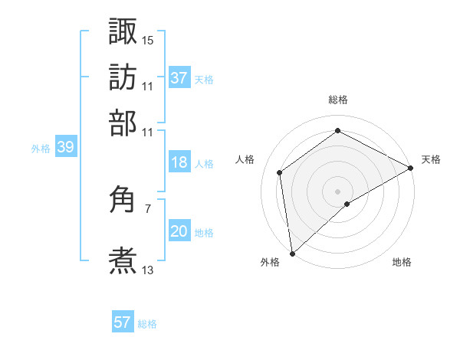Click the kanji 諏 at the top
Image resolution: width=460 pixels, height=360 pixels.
pos(123,32)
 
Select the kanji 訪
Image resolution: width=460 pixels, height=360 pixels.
pos(123,77)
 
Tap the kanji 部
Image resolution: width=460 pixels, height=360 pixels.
pos(123,123)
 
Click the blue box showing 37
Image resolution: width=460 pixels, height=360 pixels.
pos(179,78)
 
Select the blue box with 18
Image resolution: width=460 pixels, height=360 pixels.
pos(179,162)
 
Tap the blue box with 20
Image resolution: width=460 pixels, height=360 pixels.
pos(179,231)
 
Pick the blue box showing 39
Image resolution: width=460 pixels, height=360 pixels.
pos(65,148)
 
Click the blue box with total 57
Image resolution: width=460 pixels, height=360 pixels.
pos(123,322)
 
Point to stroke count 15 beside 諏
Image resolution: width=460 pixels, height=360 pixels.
pos(148,40)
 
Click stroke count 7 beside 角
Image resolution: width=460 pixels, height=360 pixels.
pos(148,208)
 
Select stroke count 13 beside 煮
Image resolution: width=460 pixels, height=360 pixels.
pos(148,270)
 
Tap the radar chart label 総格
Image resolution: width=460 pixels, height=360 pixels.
pos(338,100)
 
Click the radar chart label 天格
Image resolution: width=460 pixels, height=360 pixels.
pos(431,159)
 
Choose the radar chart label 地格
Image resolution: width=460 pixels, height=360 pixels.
pos(402,262)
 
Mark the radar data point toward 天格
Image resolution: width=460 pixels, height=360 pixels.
pos(410,168)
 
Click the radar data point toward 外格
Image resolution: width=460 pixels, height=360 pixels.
pos(292,253)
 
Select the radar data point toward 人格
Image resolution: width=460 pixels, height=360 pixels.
pos(280,172)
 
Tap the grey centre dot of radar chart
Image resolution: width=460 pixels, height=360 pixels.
pos(338,191)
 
